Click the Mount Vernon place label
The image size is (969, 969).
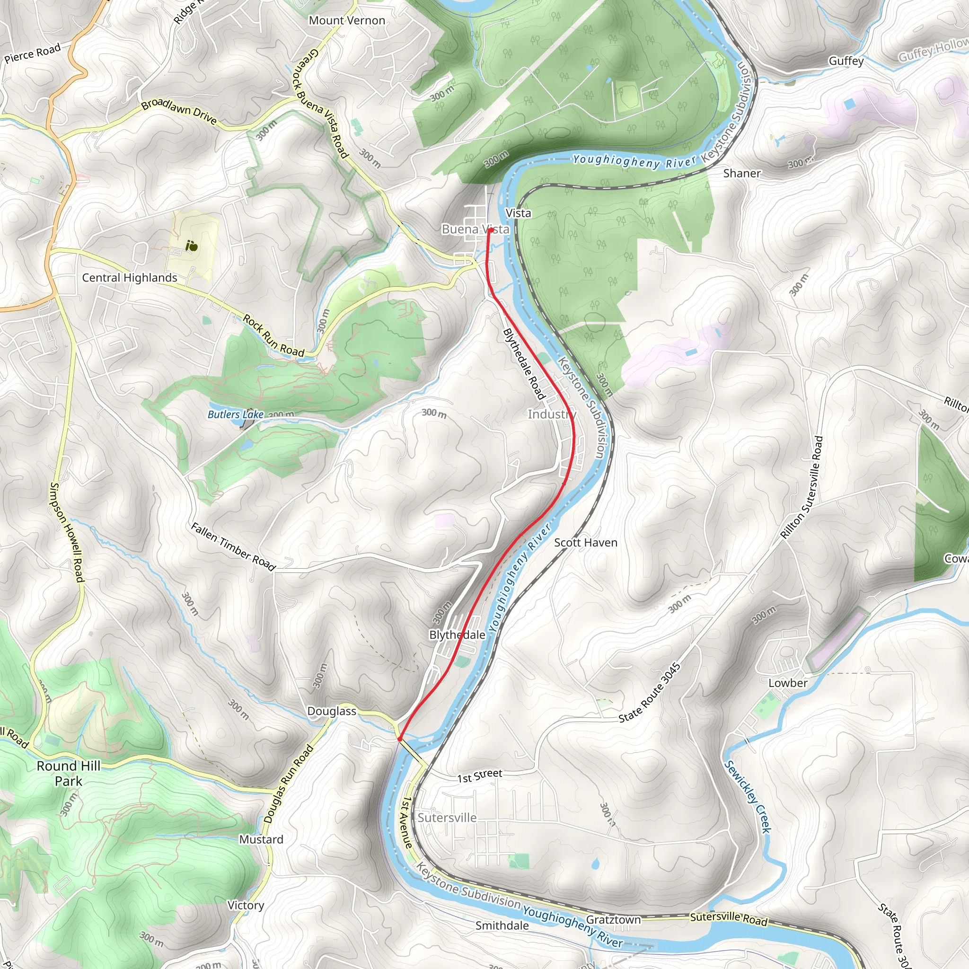pos(346,20)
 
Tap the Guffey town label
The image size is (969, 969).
pos(846,61)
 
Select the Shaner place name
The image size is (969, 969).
pos(742,174)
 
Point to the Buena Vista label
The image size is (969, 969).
pos(475,229)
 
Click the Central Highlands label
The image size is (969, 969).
pos(129,278)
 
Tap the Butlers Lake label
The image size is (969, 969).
pos(235,415)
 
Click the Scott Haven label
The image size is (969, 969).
pos(585,543)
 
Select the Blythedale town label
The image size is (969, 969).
pos(457,635)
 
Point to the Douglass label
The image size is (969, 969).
pos(332,711)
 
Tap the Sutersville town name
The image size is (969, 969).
pos(447,818)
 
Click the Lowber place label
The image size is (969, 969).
pos(787,683)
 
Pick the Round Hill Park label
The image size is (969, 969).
pos(69,774)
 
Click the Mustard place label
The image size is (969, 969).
pos(261,840)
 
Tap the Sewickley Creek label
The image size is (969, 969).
pos(747,797)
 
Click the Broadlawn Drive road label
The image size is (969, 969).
pos(178,111)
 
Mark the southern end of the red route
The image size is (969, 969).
pos(399,739)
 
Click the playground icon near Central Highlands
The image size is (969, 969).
pos(192,246)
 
